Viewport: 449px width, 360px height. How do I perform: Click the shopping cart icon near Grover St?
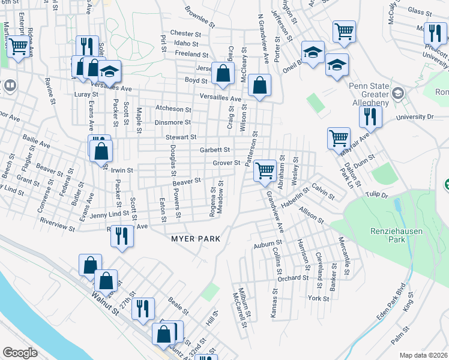(x=265, y=170)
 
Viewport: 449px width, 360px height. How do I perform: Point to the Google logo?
(x=20, y=353)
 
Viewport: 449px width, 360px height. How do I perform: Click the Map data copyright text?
(x=423, y=355)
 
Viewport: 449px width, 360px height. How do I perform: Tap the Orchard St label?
(x=293, y=278)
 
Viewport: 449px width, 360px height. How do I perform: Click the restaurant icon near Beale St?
(x=143, y=308)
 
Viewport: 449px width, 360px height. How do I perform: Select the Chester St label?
(x=185, y=34)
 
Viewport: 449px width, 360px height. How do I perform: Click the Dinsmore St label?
(x=172, y=122)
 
